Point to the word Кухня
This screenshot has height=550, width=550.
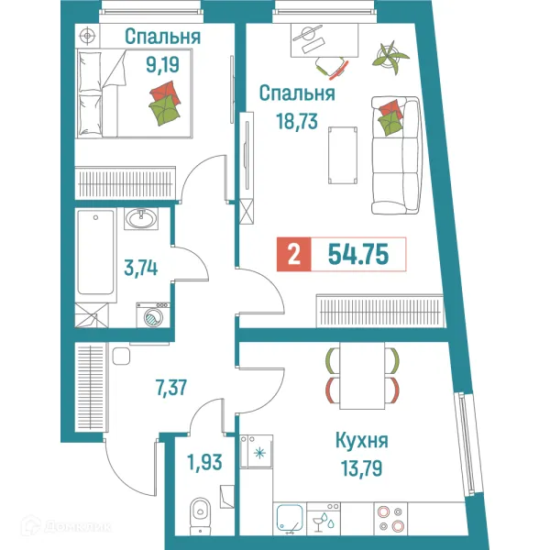pos(362,440)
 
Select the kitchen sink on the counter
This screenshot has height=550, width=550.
pos(291,519)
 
